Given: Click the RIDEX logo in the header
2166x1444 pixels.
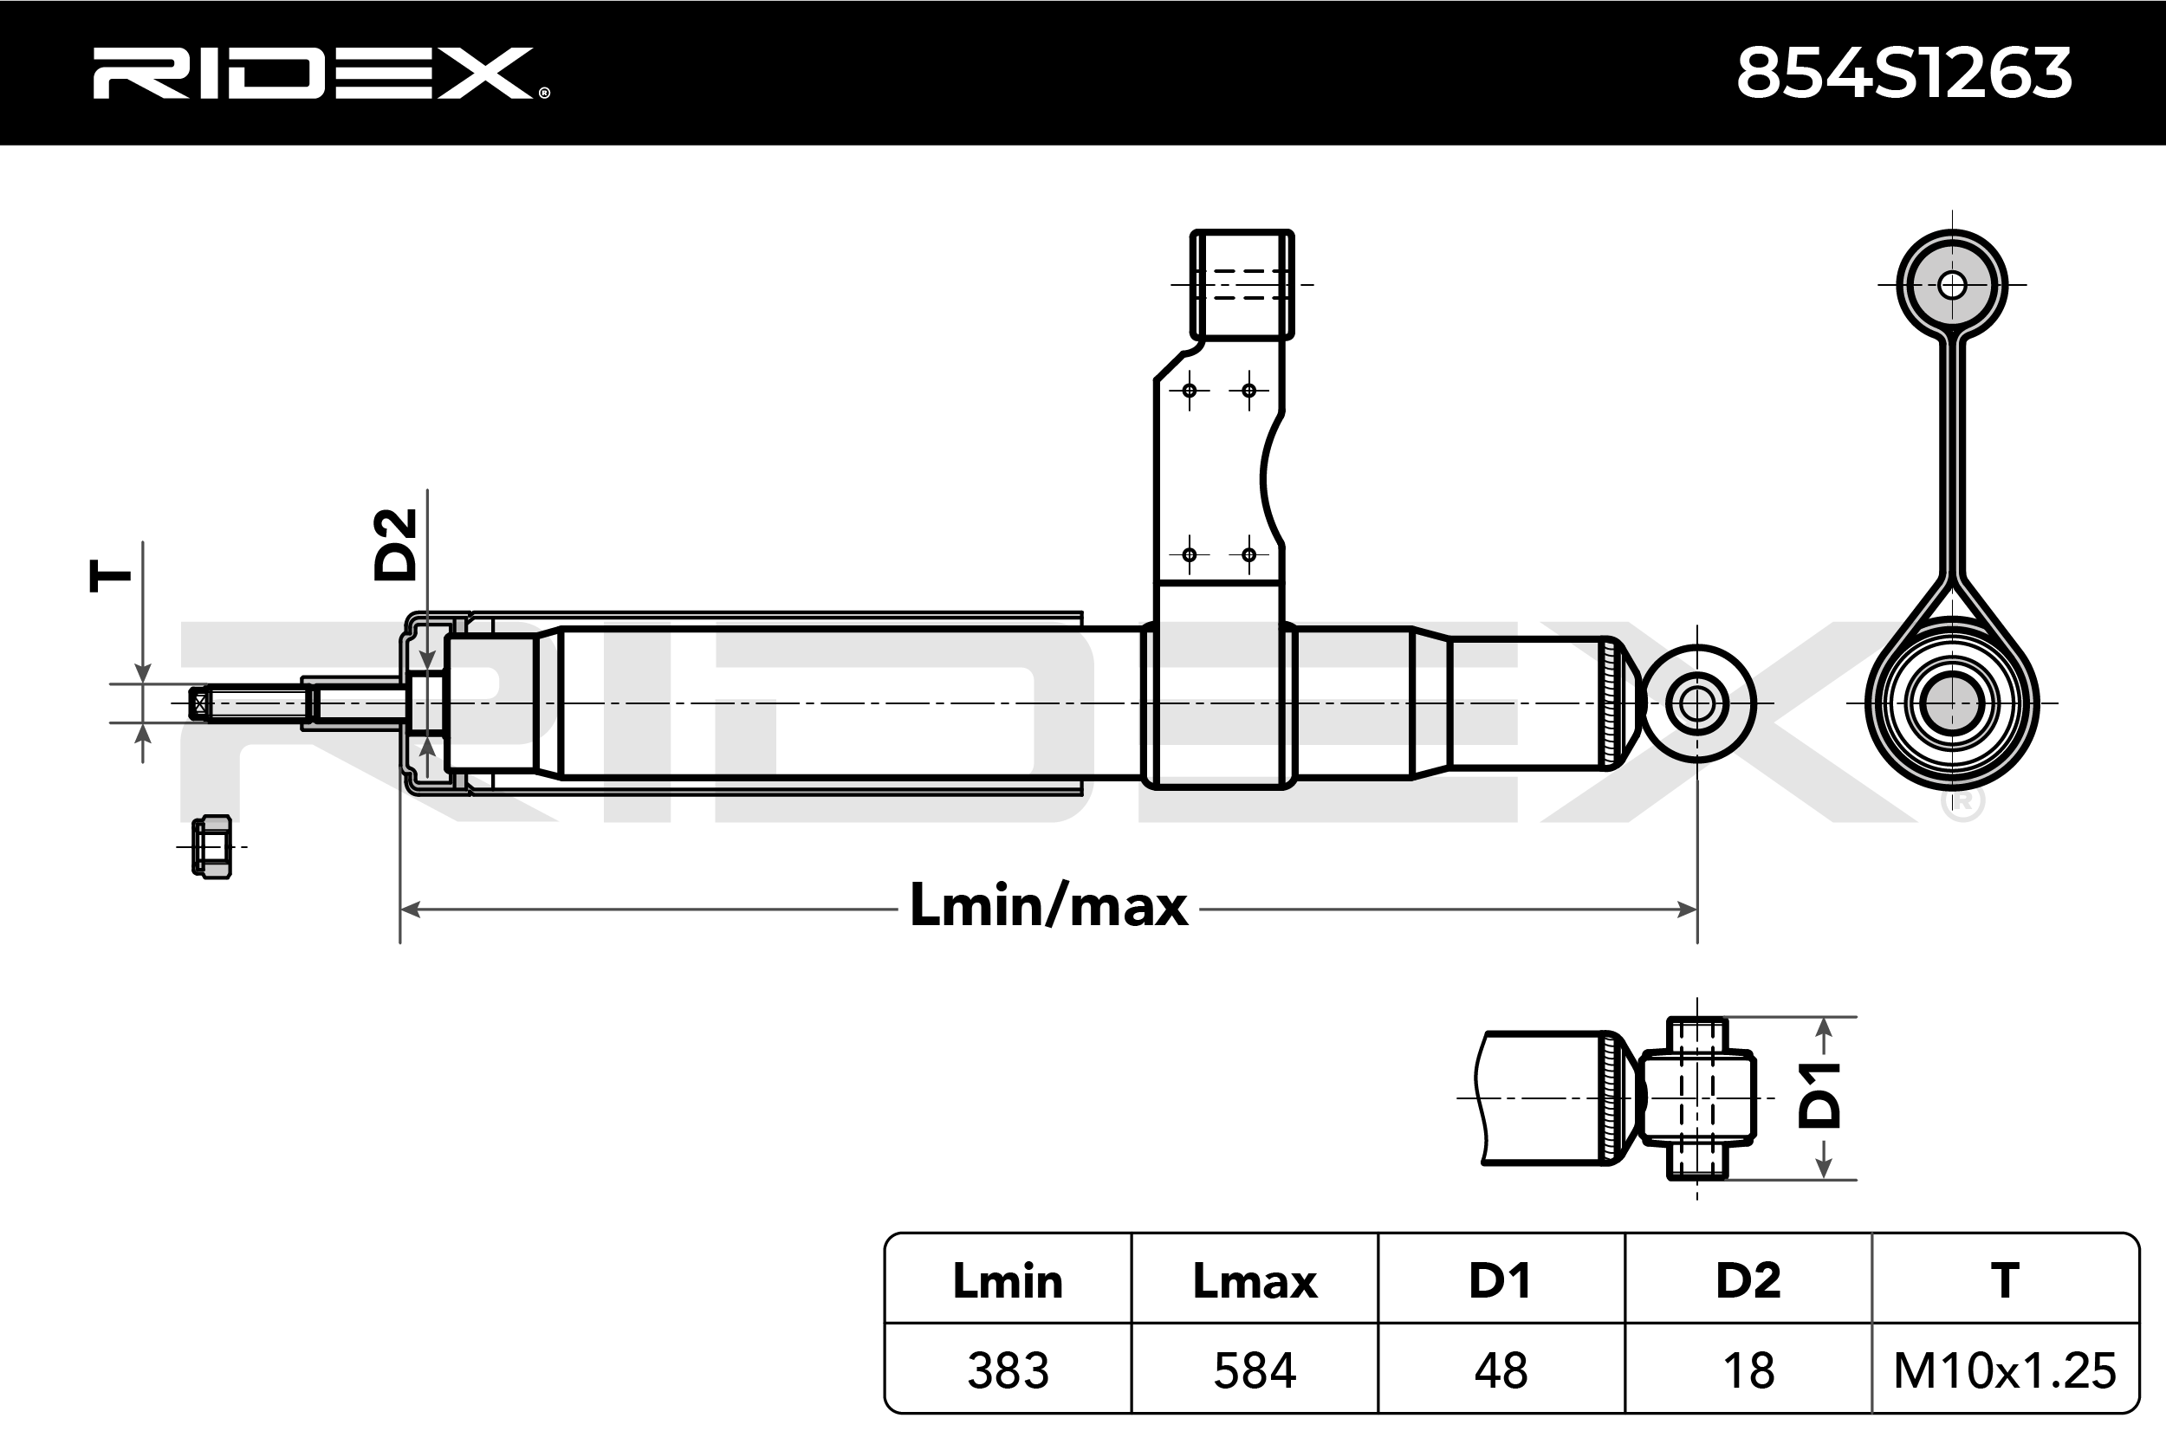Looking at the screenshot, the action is (x=321, y=73).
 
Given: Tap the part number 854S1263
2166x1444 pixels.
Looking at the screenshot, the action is (x=1903, y=73).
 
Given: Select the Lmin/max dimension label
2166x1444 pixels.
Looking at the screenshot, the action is (x=1049, y=905).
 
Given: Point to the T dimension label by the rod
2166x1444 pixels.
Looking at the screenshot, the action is (x=111, y=575).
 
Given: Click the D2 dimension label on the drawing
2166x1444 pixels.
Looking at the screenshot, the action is (x=395, y=544).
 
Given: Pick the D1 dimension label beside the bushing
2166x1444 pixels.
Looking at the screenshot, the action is (x=1819, y=1095).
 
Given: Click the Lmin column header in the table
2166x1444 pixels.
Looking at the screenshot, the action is (x=1008, y=1281).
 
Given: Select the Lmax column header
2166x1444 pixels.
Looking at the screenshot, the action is (x=1255, y=1281).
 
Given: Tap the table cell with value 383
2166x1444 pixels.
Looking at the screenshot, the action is (x=1008, y=1371).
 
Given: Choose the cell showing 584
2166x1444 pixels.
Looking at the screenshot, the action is (x=1255, y=1371).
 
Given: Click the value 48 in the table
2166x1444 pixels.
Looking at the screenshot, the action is (x=1501, y=1371).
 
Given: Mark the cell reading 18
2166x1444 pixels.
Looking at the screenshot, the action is (x=1748, y=1371).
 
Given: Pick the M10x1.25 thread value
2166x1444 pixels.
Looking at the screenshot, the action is (x=2005, y=1371).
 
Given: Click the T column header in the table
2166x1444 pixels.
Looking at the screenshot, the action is (x=2005, y=1281).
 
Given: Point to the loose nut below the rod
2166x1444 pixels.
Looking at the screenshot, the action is (x=211, y=847).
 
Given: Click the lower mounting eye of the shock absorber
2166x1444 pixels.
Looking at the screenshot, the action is (x=1697, y=704).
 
